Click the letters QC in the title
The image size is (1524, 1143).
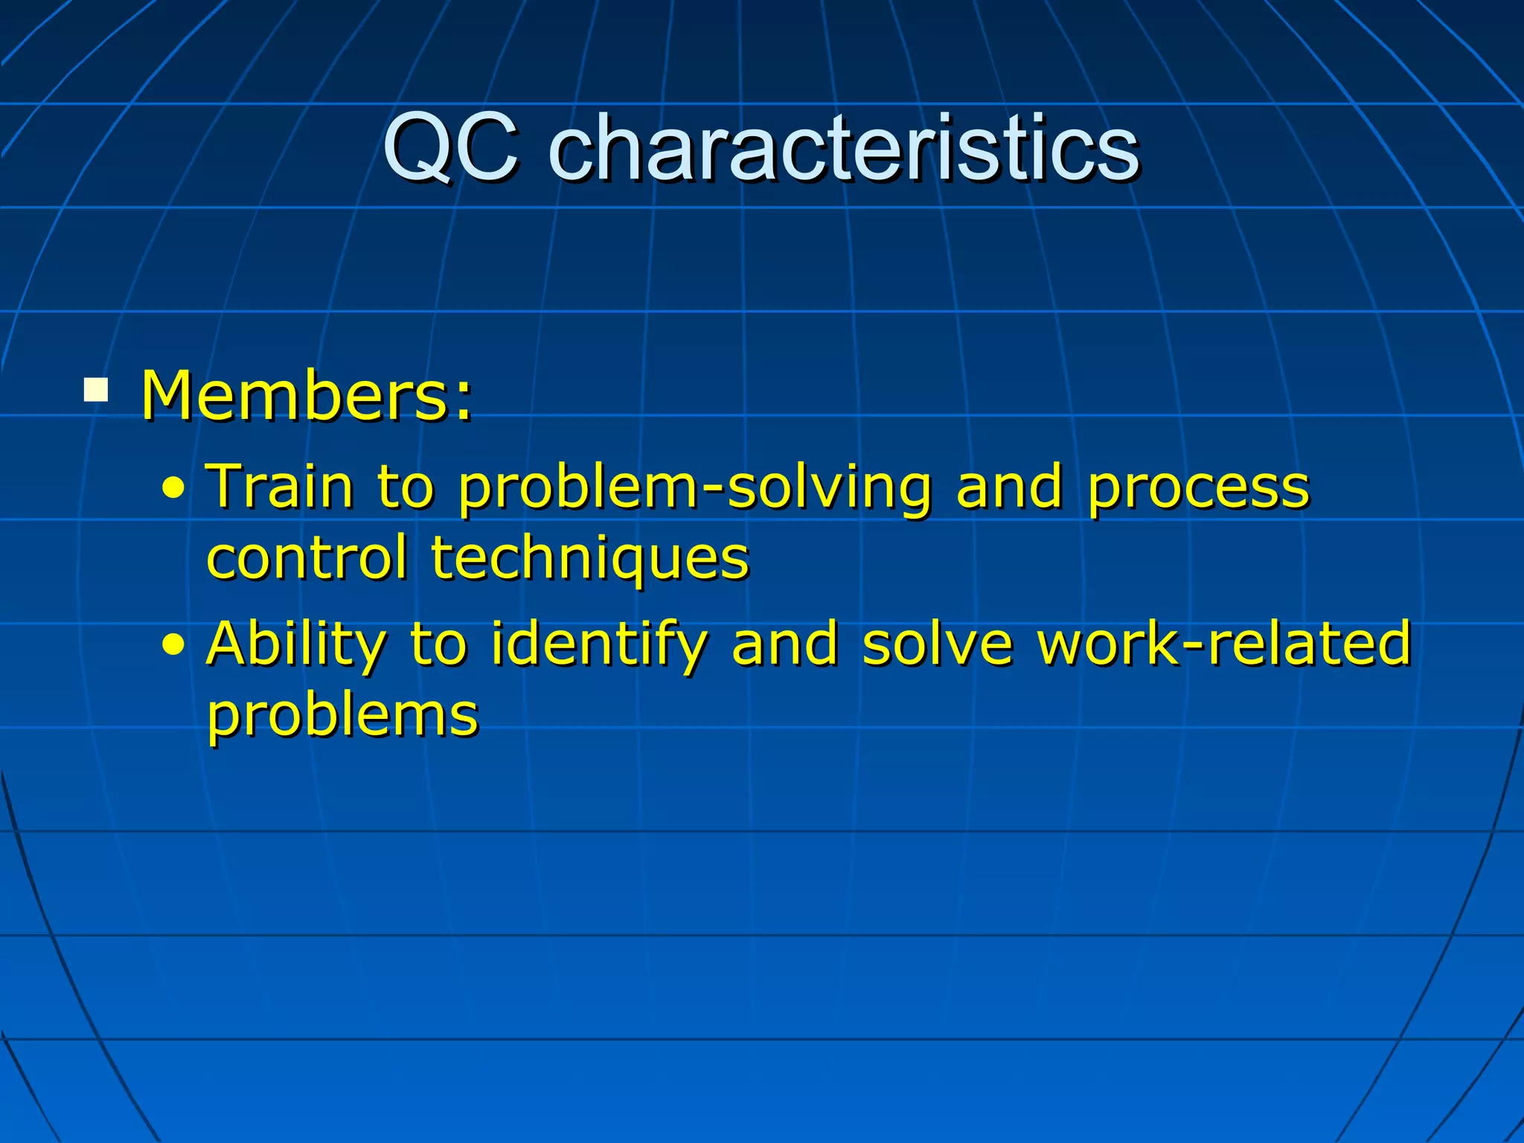click(451, 148)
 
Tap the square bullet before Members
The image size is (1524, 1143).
click(96, 391)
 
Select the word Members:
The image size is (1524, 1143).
click(307, 396)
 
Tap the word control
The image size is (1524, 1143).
click(307, 558)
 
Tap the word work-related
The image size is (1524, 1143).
click(1224, 643)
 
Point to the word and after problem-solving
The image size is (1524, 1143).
click(1009, 487)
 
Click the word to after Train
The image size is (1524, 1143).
click(406, 488)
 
